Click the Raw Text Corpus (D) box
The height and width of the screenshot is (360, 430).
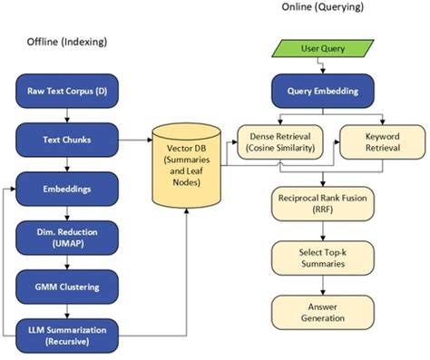pos(71,92)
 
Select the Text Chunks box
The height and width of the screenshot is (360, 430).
pos(71,141)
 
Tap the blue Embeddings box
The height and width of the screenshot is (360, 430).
pos(71,191)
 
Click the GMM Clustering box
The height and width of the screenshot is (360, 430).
pos(71,288)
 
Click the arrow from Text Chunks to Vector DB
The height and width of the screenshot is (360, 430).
pos(136,141)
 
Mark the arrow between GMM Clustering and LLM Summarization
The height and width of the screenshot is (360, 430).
pos(71,313)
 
